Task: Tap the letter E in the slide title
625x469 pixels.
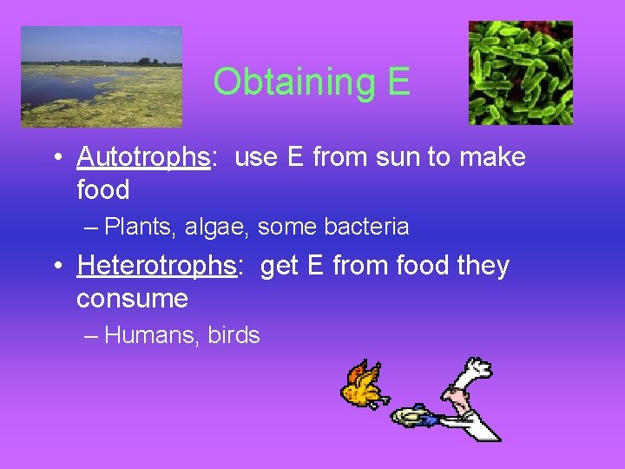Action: coord(398,82)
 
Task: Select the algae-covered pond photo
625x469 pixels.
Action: coord(102,76)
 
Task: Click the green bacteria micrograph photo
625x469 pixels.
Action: coord(520,73)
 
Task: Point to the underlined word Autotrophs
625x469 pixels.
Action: coord(144,157)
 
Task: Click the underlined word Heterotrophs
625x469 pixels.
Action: coord(157,266)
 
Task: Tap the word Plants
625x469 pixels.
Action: coord(139,227)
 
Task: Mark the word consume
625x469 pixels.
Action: coord(132,299)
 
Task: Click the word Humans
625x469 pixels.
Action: coord(152,335)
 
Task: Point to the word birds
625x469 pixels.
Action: coord(234,335)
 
